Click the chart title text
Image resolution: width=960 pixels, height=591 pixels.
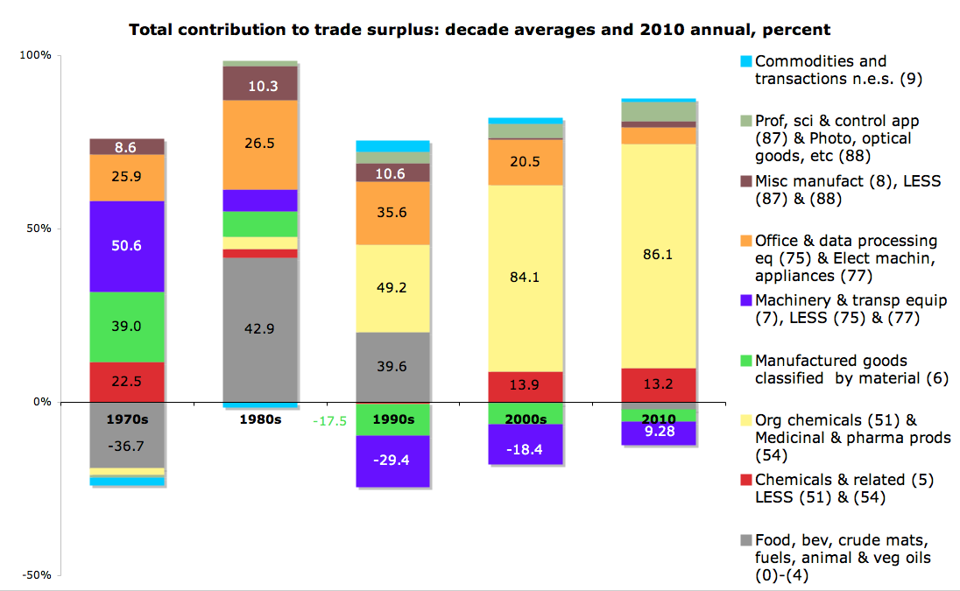point(479,30)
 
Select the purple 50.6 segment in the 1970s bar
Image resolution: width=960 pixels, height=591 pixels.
point(127,246)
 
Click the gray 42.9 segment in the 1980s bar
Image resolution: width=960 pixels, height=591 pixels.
point(260,329)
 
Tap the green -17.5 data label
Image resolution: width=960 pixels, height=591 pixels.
point(330,421)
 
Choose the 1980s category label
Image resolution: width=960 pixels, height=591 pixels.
point(260,419)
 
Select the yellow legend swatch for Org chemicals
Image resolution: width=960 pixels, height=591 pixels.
point(745,421)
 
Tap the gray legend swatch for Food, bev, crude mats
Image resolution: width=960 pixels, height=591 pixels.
point(745,540)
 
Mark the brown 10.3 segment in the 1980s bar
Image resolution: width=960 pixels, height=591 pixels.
point(260,85)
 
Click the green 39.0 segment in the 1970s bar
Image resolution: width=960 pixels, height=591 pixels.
point(127,326)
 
